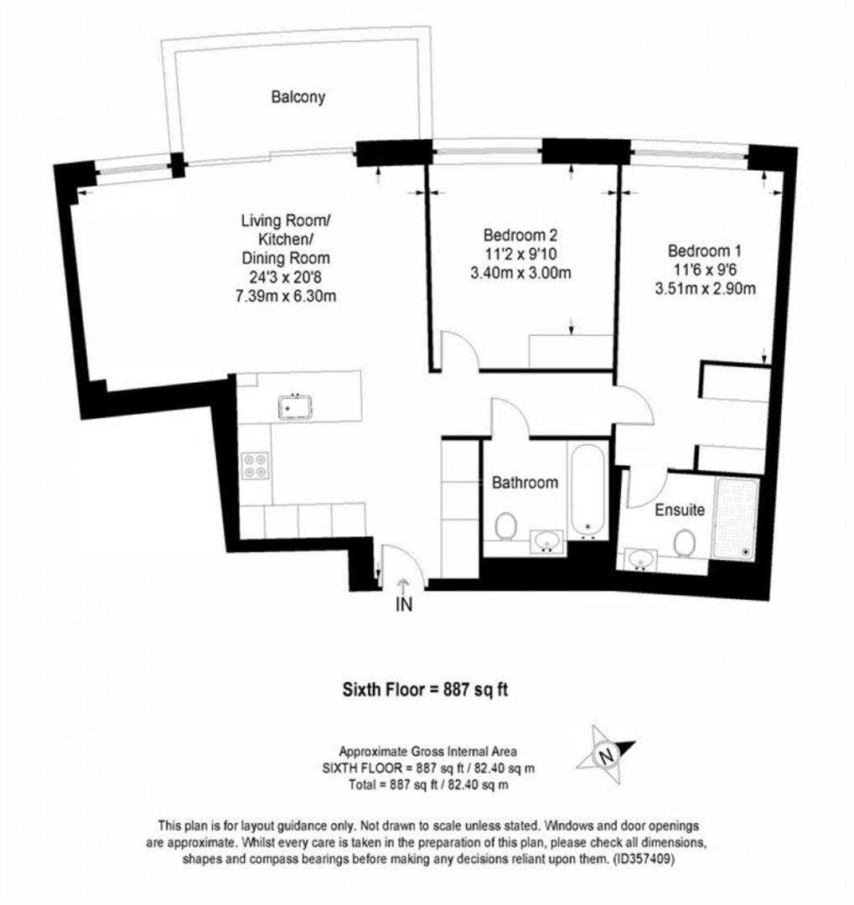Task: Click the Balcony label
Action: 298,97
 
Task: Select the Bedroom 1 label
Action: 705,251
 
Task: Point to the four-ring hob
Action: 256,466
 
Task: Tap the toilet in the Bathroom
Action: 506,526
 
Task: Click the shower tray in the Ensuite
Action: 736,519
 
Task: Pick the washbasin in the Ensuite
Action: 640,559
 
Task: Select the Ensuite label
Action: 680,509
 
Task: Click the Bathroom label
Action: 525,483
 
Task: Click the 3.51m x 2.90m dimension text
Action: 705,288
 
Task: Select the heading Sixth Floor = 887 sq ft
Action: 426,689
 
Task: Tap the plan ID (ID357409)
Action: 642,859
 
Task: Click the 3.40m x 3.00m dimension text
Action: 520,271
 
